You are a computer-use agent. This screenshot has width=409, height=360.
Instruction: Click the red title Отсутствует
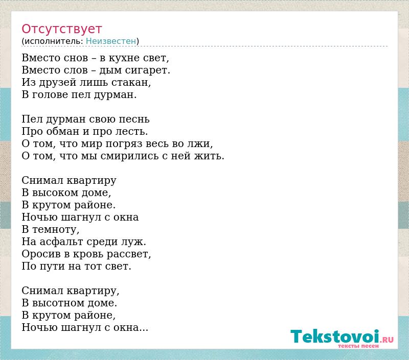[x=61, y=29]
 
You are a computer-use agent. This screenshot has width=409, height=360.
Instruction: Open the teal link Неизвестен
[x=111, y=41]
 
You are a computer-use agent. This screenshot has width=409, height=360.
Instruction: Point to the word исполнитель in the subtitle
[x=54, y=41]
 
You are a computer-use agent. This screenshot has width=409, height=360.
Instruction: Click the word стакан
[x=131, y=82]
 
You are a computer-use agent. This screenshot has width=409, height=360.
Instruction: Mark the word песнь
[x=134, y=119]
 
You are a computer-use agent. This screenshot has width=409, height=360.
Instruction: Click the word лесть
[x=131, y=131]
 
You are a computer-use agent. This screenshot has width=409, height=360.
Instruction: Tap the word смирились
[x=129, y=156]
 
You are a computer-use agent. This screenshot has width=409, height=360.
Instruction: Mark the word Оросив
[x=41, y=254]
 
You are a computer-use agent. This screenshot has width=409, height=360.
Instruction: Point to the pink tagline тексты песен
[x=358, y=346]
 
